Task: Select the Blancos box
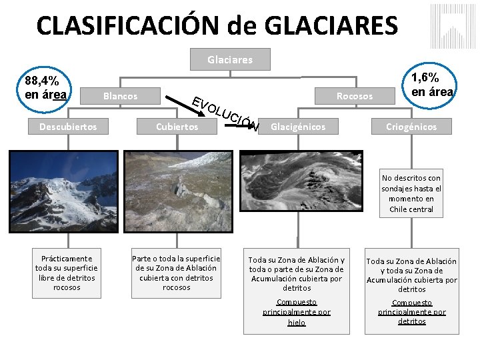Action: pos(120,96)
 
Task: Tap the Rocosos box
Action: pos(354,96)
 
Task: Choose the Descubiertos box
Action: pos(67,126)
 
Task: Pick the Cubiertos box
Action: pos(177,126)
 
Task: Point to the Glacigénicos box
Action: pos(298,126)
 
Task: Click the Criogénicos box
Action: pos(411,126)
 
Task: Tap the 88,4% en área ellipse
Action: pos(45,87)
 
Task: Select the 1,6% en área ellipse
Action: pos(432,85)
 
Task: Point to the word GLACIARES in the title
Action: pos(331,25)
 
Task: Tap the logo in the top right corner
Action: pos(453,26)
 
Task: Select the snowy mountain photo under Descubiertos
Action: pos(67,191)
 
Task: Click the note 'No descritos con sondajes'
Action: pos(411,193)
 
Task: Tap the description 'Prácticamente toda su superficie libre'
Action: pos(67,273)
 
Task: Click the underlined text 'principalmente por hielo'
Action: pos(296,312)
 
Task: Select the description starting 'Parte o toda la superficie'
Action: pos(176,273)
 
